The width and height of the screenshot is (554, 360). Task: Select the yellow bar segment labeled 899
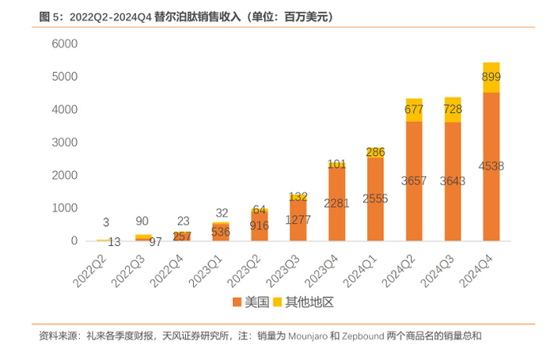(x=491, y=78)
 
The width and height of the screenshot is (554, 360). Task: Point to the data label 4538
(x=491, y=166)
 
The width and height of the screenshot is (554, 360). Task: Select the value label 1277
(x=298, y=219)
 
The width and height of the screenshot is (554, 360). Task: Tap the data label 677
(x=414, y=109)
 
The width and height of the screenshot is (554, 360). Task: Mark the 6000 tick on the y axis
(x=64, y=44)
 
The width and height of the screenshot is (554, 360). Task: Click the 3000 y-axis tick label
(x=64, y=142)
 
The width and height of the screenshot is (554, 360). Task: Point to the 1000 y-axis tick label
(x=64, y=208)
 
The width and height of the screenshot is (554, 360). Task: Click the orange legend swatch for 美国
(x=237, y=303)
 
